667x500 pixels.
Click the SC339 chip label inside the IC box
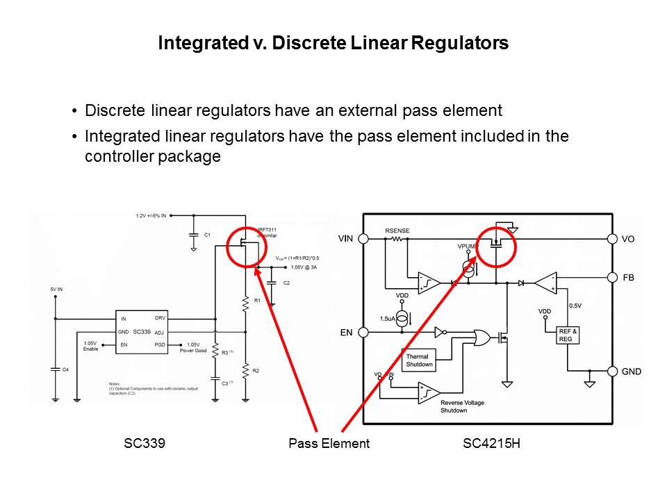(141, 332)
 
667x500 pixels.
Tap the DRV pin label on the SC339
(160, 318)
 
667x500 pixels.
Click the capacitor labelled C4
(55, 369)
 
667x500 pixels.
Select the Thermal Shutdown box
(419, 360)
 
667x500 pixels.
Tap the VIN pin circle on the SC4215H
(371, 239)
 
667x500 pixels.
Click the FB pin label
(628, 277)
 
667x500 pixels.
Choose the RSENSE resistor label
(398, 230)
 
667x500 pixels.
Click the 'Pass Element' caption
(329, 443)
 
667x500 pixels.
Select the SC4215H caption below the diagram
(491, 443)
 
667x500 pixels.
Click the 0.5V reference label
(575, 306)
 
